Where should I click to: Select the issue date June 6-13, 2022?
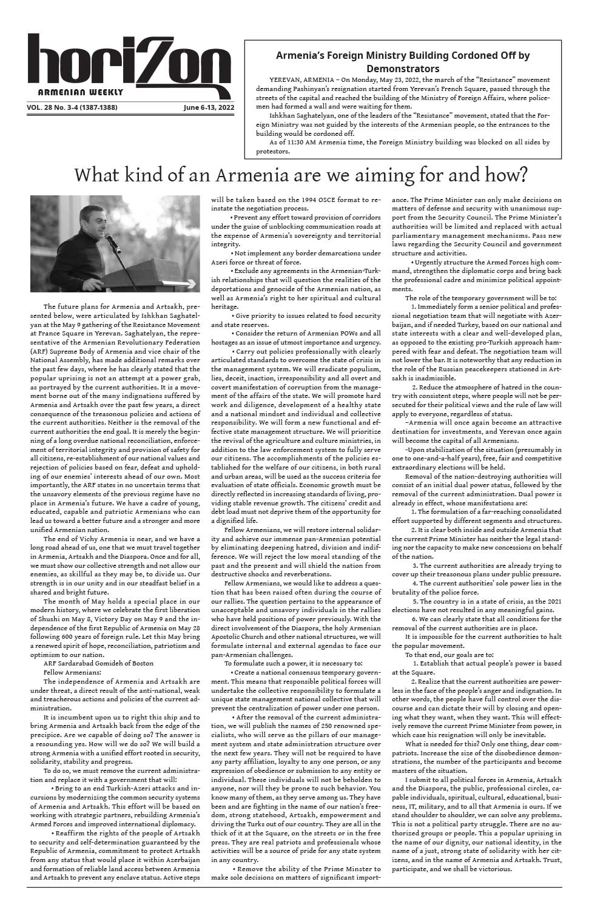tap(208, 108)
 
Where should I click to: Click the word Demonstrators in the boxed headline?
tap(402, 69)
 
